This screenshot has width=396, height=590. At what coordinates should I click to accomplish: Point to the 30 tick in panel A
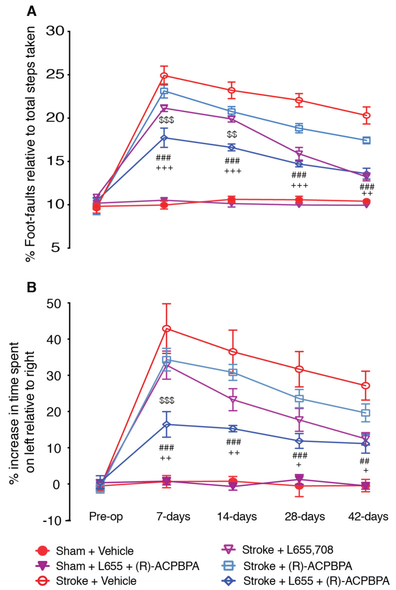coord(55,31)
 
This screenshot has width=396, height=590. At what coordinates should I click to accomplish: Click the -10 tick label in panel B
coord(53,521)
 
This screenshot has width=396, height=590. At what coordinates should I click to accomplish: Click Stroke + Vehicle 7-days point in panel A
coord(164,76)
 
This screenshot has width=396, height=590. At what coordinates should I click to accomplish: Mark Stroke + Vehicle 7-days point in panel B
coord(164,329)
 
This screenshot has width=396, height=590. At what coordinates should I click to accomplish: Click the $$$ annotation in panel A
coord(164,120)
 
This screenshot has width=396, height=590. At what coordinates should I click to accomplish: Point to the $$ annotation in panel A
coord(232,134)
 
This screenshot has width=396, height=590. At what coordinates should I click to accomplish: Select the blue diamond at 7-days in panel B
coord(164,425)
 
